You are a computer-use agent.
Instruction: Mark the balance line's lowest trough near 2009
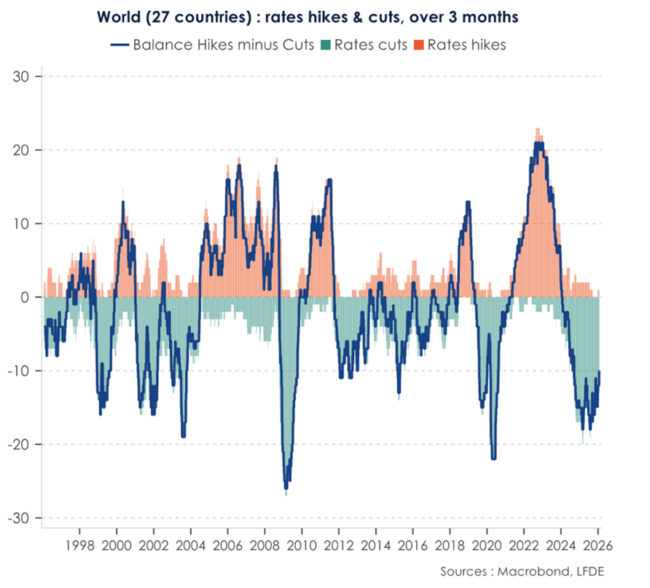point(286,487)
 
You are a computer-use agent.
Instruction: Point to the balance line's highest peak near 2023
point(538,144)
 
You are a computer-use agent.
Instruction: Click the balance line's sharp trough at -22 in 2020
point(493,458)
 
